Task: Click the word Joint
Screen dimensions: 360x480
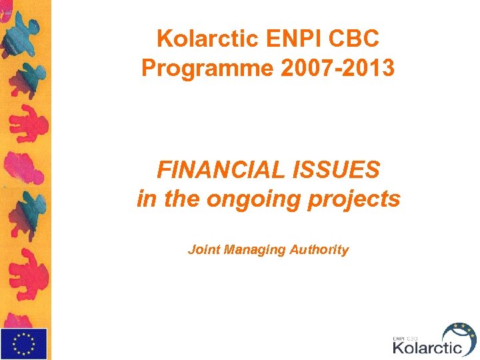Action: click(204, 250)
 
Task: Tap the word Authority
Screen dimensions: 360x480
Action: click(319, 250)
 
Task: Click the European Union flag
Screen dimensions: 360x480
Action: click(23, 343)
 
